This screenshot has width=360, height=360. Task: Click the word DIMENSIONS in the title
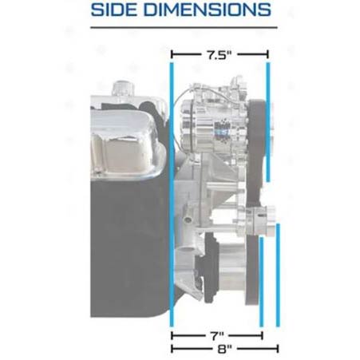[208, 10]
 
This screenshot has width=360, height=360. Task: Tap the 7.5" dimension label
[220, 55]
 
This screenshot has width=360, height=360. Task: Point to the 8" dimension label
[224, 349]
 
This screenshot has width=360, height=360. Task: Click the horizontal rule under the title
[184, 27]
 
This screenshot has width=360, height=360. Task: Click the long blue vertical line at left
[172, 195]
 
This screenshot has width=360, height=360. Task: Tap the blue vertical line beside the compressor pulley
[268, 122]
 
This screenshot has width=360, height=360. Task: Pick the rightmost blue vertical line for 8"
[278, 275]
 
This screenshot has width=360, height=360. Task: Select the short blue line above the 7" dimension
[261, 282]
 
